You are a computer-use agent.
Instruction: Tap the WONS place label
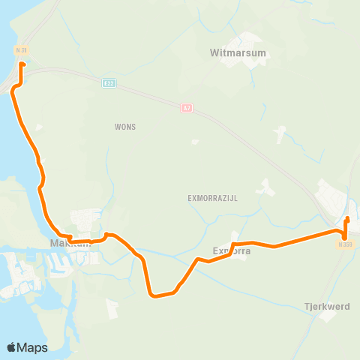(x=125, y=127)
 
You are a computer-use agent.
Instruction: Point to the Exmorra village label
(x=231, y=251)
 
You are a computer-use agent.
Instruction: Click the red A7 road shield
(x=186, y=109)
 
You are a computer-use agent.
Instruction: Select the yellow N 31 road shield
(x=21, y=50)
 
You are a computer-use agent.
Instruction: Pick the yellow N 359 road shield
(x=344, y=244)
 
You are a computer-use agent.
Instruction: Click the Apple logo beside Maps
(x=12, y=347)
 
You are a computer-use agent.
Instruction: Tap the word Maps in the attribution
(x=33, y=347)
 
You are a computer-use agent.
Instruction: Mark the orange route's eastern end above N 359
(x=347, y=219)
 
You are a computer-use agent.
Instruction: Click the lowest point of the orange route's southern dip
(x=155, y=295)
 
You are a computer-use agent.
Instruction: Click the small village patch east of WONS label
(x=195, y=141)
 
